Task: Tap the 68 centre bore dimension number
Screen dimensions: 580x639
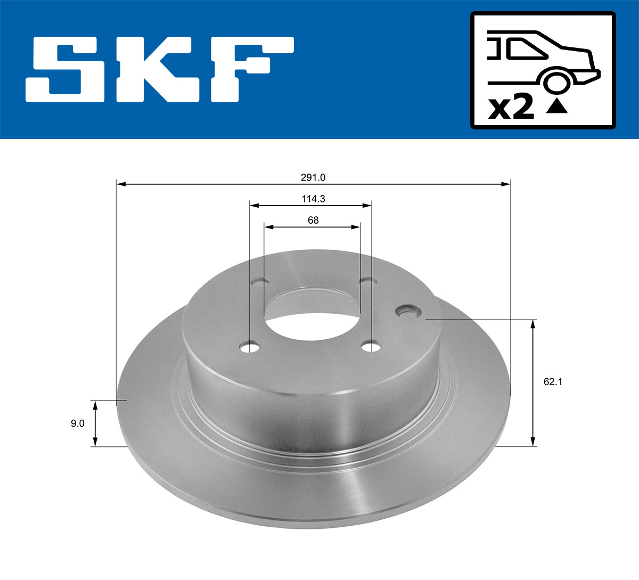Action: [x=313, y=220]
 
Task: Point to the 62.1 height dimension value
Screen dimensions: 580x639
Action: [x=553, y=381]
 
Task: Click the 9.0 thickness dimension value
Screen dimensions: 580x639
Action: [x=77, y=424]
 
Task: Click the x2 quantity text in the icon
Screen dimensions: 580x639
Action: [x=511, y=108]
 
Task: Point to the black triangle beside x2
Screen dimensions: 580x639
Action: [x=557, y=107]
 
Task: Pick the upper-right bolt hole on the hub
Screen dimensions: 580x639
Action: [x=366, y=281]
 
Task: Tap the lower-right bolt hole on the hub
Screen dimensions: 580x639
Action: [x=371, y=347]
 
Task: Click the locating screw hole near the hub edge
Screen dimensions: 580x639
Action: [x=408, y=311]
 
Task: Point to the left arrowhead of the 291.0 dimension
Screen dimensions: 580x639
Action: [x=120, y=184]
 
